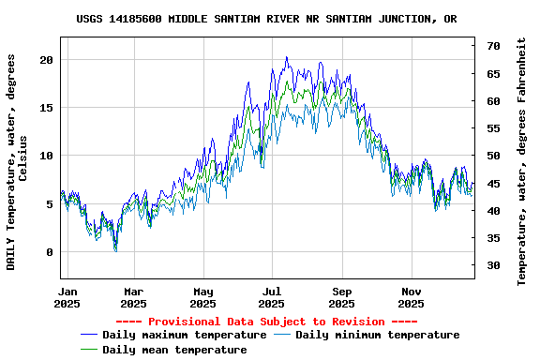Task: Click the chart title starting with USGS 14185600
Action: click(267, 19)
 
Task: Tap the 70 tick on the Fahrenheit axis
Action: click(493, 46)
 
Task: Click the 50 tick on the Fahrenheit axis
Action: click(493, 156)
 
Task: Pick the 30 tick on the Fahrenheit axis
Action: click(493, 265)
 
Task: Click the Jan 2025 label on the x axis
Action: click(67, 297)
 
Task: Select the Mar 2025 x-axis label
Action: click(134, 297)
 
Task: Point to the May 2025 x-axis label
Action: click(202, 297)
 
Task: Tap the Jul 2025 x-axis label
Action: click(272, 297)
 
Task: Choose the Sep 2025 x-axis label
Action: click(342, 297)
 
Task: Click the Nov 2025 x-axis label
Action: click(412, 297)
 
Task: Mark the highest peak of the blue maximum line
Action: click(287, 57)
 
